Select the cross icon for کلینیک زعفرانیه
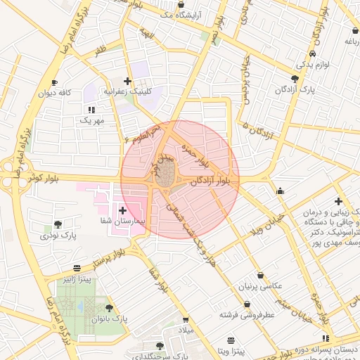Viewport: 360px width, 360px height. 127,82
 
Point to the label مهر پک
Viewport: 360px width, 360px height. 91,121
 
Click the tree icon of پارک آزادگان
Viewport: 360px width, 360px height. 294,79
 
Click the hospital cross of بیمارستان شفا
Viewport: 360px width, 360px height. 122,210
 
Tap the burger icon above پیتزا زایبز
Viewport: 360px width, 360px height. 77,269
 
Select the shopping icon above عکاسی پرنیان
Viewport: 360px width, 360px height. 261,276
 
